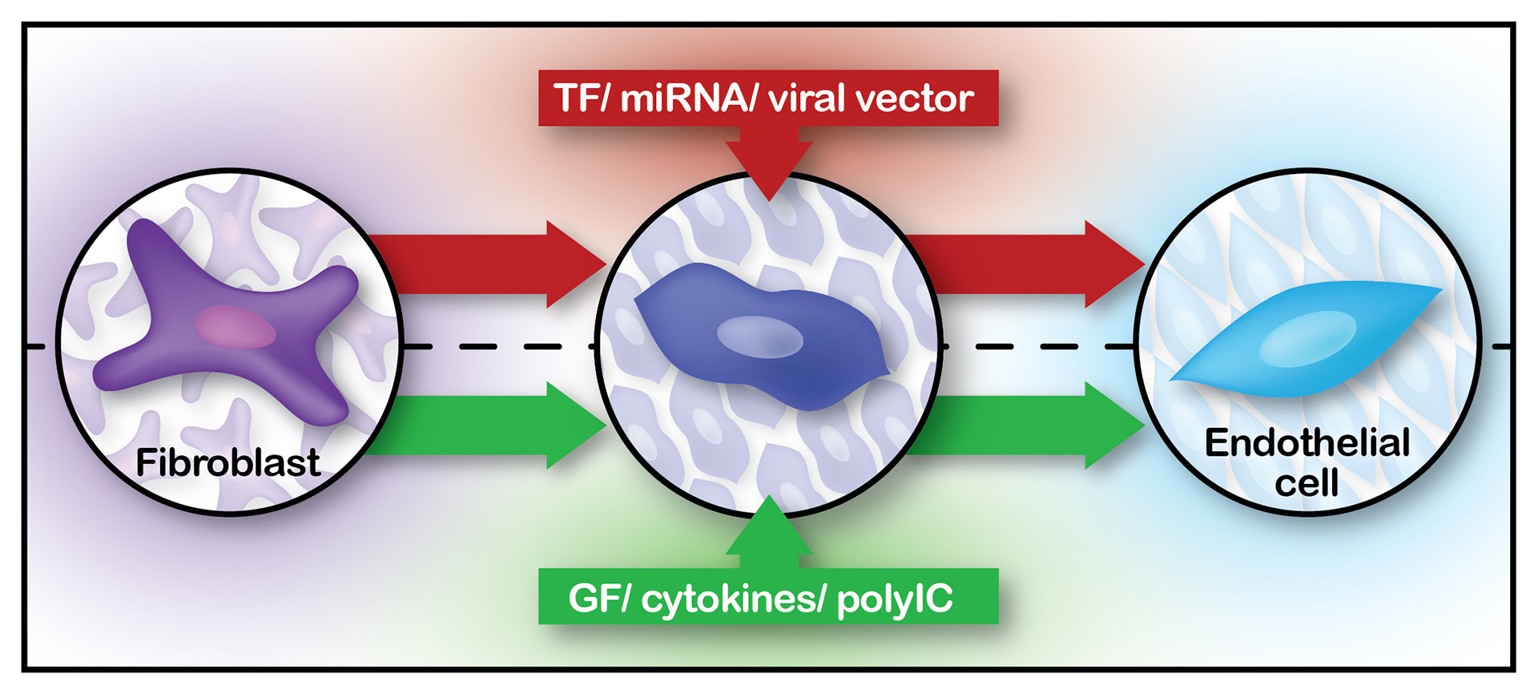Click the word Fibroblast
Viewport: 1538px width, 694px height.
[x=228, y=462]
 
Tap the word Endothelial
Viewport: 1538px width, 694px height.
[x=1307, y=443]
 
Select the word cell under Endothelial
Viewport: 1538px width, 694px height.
[x=1306, y=483]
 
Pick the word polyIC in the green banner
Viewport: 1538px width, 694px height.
[x=896, y=599]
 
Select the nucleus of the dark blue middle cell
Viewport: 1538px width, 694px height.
[x=759, y=337]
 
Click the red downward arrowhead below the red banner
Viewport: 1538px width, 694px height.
[x=769, y=164]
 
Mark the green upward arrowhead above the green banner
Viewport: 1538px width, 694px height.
[x=769, y=529]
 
